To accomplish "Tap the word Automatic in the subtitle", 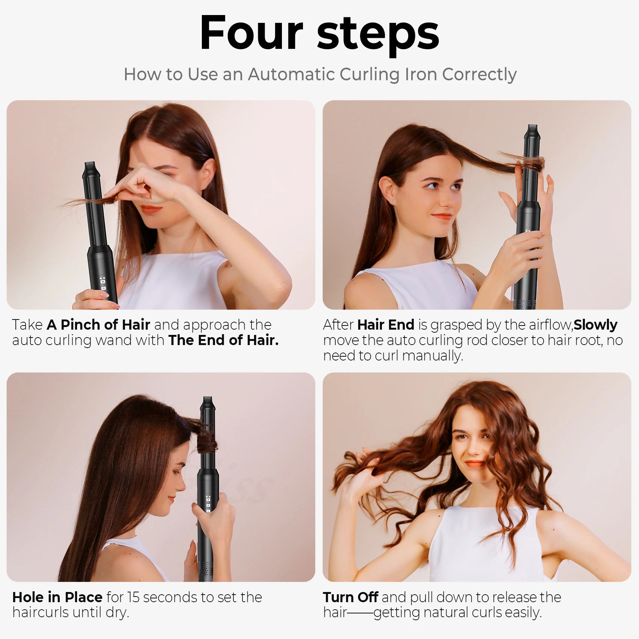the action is click(291, 74).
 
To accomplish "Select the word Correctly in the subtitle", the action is click(479, 75).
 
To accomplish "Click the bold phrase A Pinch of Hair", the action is click(98, 324).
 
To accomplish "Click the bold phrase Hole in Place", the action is click(58, 597).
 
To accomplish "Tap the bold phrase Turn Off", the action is click(350, 597).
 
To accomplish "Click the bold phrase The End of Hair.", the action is click(223, 340).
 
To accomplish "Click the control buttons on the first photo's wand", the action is click(102, 283).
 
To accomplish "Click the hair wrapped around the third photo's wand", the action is click(206, 438).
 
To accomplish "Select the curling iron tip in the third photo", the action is click(207, 403).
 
